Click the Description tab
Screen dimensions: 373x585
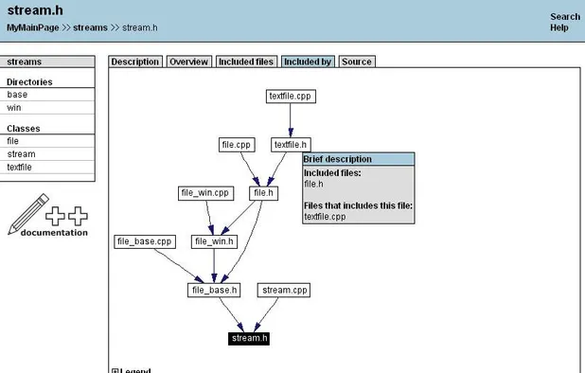(135, 62)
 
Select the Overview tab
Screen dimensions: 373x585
(188, 62)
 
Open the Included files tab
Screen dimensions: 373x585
(246, 62)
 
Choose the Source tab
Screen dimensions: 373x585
(356, 62)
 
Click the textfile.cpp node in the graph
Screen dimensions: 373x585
(290, 97)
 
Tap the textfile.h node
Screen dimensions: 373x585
(291, 145)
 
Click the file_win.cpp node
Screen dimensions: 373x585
(205, 193)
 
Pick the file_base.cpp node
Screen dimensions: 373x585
(145, 241)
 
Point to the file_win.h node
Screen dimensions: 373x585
(214, 241)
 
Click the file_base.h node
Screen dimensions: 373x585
(213, 290)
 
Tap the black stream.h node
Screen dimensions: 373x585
(250, 338)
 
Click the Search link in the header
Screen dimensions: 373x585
(564, 17)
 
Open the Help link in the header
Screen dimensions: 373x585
(558, 28)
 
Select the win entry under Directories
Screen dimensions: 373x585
(14, 108)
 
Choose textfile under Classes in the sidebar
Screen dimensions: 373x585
(21, 168)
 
